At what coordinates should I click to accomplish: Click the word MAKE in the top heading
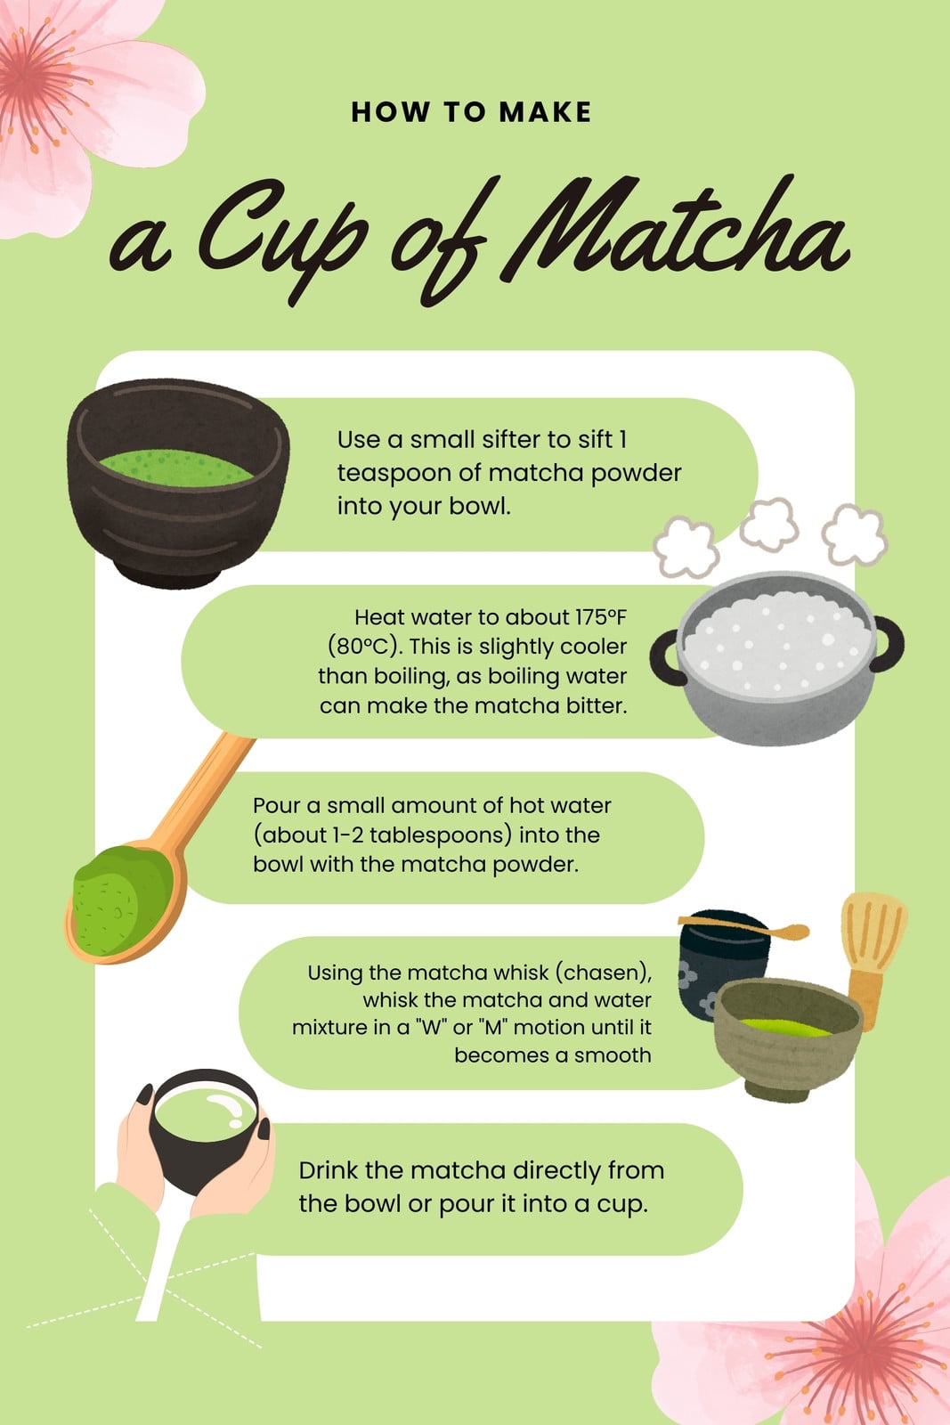click(546, 112)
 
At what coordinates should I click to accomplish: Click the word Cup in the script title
click(284, 241)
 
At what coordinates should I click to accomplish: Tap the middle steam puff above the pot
click(768, 524)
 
